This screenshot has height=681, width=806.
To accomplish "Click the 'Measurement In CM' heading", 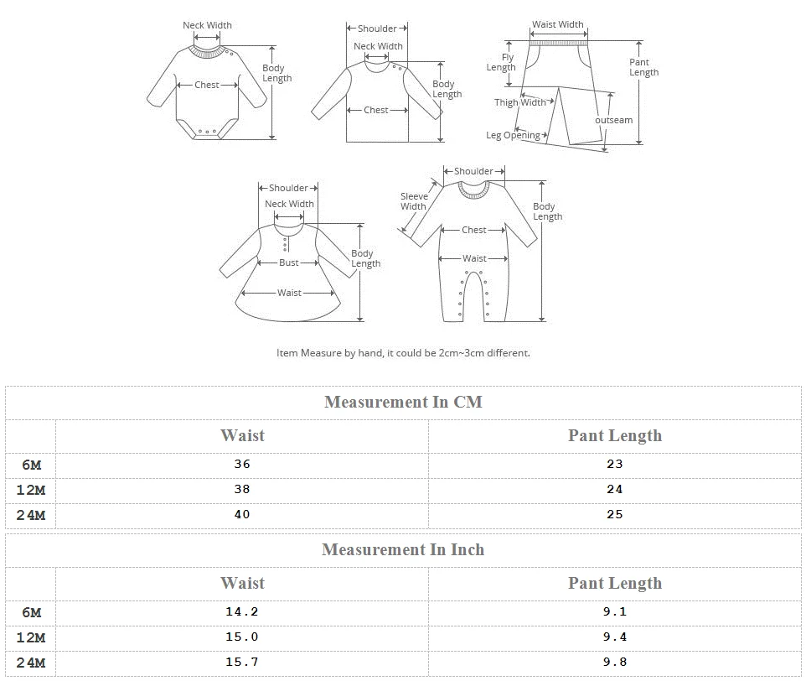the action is [x=403, y=402].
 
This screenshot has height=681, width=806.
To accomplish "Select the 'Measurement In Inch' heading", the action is [x=403, y=549].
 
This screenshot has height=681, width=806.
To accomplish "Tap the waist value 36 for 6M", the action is [x=242, y=464].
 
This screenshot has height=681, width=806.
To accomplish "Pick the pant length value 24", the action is [x=615, y=489].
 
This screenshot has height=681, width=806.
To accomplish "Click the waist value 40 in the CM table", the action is [x=242, y=514].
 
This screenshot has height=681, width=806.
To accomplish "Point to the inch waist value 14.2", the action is [x=242, y=611].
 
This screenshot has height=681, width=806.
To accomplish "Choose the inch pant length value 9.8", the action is [x=615, y=662].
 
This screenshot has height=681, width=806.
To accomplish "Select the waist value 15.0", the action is [x=242, y=637].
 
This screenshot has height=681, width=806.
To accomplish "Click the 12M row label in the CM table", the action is [x=31, y=490].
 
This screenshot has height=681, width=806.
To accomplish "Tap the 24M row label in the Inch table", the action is [x=31, y=663].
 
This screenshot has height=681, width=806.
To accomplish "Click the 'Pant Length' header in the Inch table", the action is [x=615, y=583].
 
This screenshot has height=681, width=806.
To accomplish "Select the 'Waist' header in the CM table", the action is [x=242, y=435].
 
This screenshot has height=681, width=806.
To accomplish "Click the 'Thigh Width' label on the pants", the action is [x=519, y=102].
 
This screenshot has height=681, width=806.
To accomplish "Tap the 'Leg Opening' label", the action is [x=513, y=135].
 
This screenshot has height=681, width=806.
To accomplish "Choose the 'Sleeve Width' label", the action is [x=413, y=201].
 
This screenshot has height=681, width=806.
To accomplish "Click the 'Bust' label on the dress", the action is [x=289, y=263].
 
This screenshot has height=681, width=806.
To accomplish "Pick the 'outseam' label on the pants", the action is [x=614, y=120].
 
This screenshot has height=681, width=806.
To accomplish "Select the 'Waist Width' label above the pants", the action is [x=558, y=24].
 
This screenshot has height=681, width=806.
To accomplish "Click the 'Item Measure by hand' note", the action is [x=403, y=353].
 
